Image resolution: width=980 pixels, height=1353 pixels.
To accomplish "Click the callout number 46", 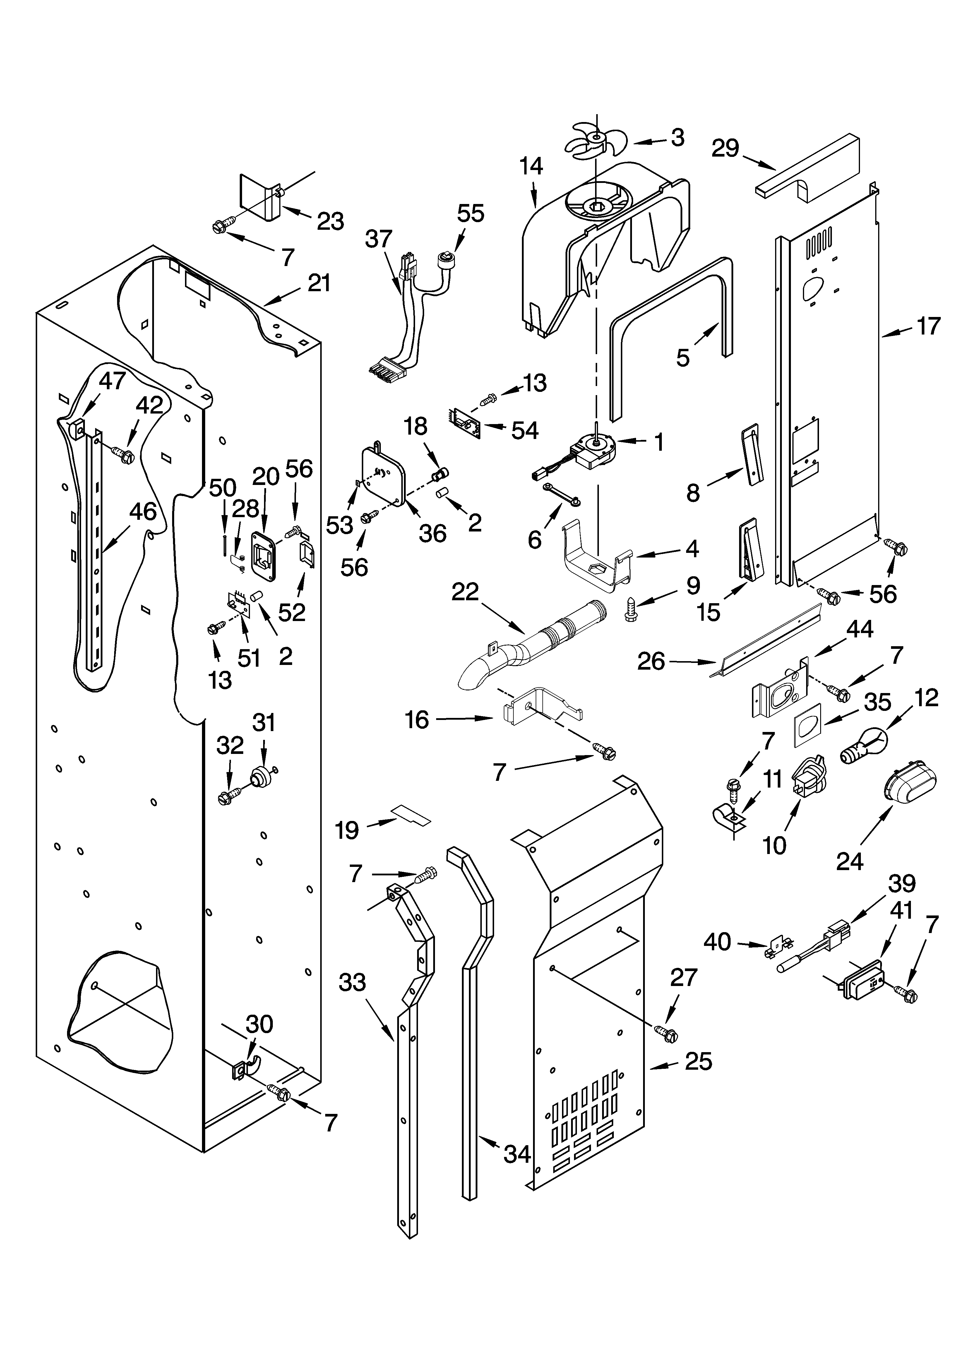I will (x=143, y=511).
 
